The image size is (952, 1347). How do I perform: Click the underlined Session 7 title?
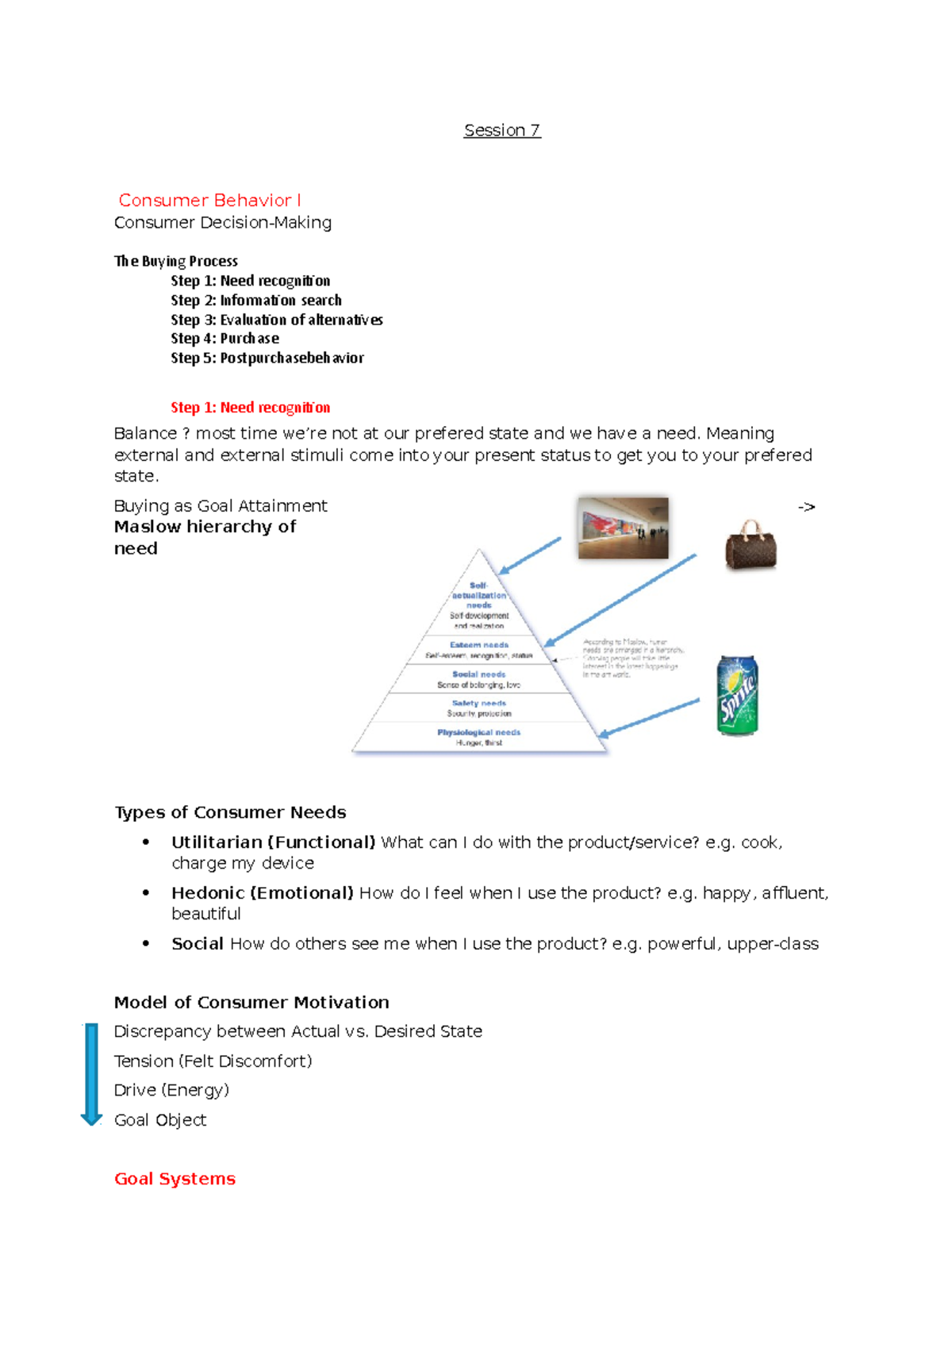pyautogui.click(x=502, y=130)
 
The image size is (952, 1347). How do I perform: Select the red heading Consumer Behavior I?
pyautogui.click(x=209, y=200)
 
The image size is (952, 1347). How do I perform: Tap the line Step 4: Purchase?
pyautogui.click(x=225, y=339)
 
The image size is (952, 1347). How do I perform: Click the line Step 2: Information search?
pyautogui.click(x=256, y=301)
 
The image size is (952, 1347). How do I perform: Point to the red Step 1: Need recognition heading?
pyautogui.click(x=250, y=408)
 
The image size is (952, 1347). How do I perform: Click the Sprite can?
pyautogui.click(x=737, y=695)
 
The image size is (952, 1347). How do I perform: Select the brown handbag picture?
pyautogui.click(x=750, y=545)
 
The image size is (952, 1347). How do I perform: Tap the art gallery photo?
pyautogui.click(x=623, y=528)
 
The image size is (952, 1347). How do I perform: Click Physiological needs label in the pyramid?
pyautogui.click(x=478, y=732)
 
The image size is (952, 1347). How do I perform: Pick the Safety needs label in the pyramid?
pyautogui.click(x=478, y=704)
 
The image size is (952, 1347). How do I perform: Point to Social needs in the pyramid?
pyautogui.click(x=478, y=674)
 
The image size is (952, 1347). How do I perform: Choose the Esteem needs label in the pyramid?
pyautogui.click(x=478, y=645)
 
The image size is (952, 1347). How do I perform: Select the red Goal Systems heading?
pyautogui.click(x=175, y=1179)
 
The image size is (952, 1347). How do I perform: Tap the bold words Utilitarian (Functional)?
pyautogui.click(x=273, y=842)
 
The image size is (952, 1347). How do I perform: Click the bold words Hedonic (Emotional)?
pyautogui.click(x=262, y=893)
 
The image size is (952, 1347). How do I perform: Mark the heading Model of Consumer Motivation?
pyautogui.click(x=251, y=1003)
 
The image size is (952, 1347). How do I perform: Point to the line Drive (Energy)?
pyautogui.click(x=171, y=1091)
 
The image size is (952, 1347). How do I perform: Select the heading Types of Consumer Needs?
pyautogui.click(x=230, y=812)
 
